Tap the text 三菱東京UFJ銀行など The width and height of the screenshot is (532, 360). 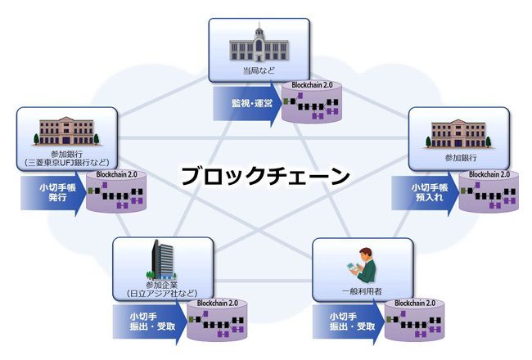coord(67,162)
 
